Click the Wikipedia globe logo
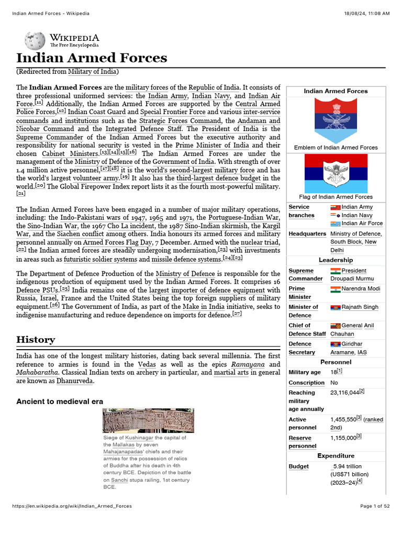(35, 41)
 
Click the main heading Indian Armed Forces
(92, 58)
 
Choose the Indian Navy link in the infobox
(357, 215)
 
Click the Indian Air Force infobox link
(362, 224)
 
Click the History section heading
(35, 340)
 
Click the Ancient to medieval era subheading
(60, 401)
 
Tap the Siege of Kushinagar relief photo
(148, 420)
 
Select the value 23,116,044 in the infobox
(344, 393)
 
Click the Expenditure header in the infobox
(336, 456)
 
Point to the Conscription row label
(306, 383)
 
